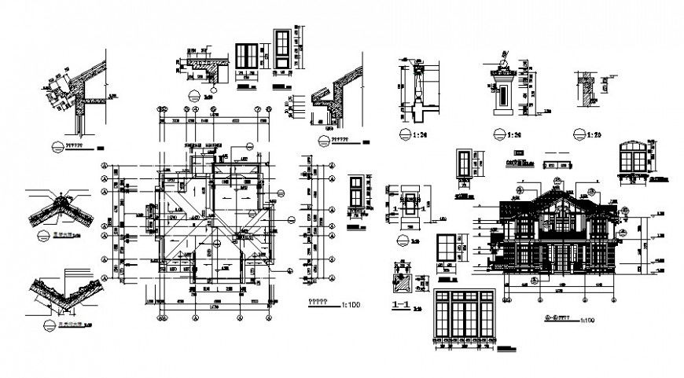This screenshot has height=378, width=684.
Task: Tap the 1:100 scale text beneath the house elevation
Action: tap(586, 321)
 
